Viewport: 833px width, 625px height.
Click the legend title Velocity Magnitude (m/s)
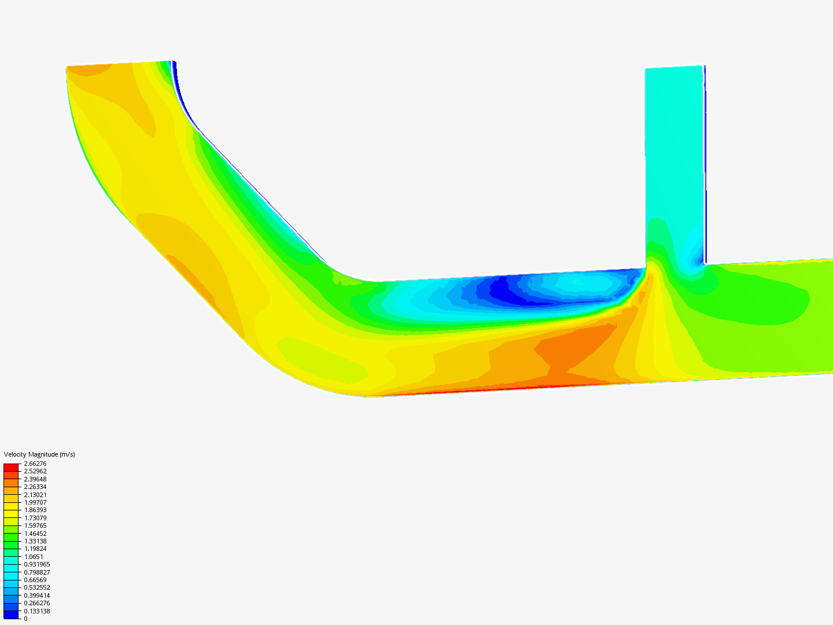click(39, 454)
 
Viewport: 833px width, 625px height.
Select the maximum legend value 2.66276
click(35, 464)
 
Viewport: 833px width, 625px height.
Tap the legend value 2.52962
click(35, 471)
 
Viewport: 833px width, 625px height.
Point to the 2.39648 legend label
click(35, 479)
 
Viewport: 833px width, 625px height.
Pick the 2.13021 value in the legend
click(35, 495)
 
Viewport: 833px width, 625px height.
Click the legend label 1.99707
click(35, 502)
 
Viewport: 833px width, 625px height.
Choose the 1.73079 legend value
click(35, 518)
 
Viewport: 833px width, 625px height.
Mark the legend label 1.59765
click(35, 525)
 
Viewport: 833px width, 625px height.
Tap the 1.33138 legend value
click(35, 541)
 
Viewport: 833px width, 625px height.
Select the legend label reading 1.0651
click(34, 557)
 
